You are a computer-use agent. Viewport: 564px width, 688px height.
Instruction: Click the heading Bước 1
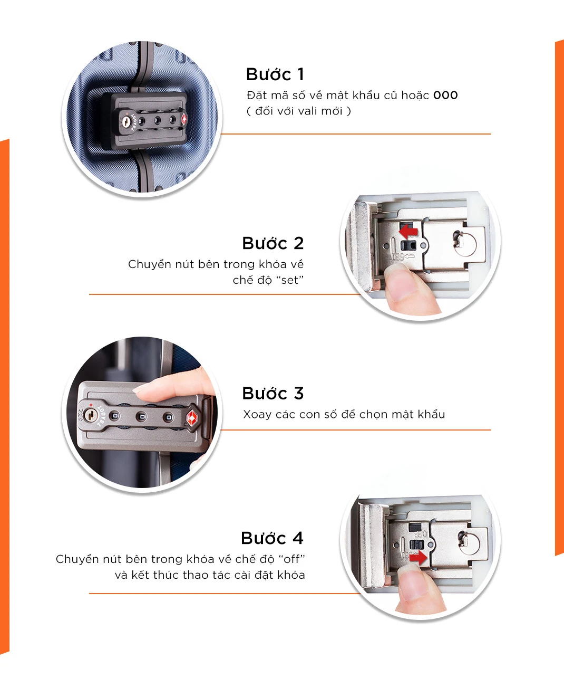[275, 74]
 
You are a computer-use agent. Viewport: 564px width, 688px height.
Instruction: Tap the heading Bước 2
[273, 243]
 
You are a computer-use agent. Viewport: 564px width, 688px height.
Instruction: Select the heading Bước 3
[273, 394]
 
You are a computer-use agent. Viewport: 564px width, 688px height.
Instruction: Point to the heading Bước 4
[272, 538]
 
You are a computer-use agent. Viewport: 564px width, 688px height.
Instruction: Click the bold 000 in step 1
[445, 95]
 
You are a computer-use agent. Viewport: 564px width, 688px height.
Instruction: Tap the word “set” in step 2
[290, 280]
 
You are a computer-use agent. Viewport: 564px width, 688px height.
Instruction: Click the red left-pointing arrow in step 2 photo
[408, 231]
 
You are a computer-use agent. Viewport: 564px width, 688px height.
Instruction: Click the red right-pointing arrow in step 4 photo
[418, 558]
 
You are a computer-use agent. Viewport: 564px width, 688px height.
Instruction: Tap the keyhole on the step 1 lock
[125, 122]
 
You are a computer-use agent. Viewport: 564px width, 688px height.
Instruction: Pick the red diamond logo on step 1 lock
[184, 119]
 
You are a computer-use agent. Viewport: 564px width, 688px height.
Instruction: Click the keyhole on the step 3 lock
[90, 415]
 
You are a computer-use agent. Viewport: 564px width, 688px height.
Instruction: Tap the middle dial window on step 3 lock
[141, 417]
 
